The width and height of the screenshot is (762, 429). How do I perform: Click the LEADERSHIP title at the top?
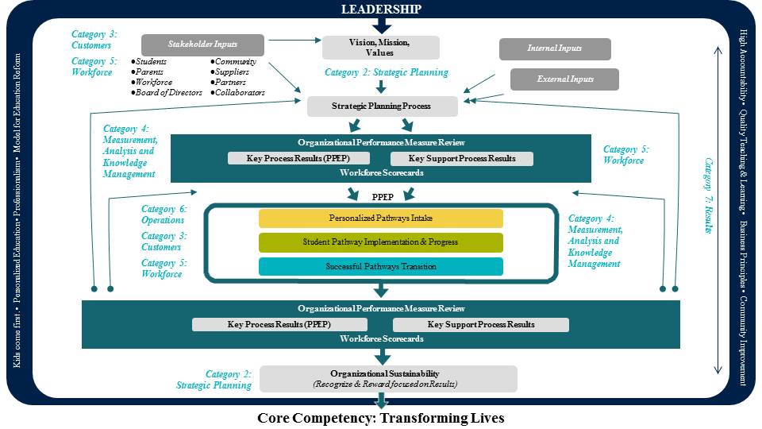(381, 10)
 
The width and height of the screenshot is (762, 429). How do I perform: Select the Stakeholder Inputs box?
(202, 45)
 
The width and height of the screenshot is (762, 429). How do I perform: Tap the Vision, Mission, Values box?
(380, 47)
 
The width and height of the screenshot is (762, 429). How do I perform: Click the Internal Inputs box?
(555, 48)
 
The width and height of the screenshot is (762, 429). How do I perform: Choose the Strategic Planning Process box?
(383, 106)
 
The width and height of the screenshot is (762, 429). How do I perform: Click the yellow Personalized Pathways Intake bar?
(381, 218)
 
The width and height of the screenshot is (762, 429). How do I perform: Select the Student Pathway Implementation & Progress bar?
(381, 242)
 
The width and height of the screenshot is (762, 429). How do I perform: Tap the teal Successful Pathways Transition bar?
(381, 267)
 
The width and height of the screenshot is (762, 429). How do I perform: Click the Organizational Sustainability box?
(388, 378)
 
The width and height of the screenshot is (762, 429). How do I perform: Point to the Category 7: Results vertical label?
(709, 195)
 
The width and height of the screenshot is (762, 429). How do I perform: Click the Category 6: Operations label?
(163, 214)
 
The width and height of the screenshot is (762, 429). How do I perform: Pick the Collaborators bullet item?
(237, 93)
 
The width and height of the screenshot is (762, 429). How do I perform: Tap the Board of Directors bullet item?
(167, 93)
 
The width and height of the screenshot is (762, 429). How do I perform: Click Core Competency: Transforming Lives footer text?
(381, 418)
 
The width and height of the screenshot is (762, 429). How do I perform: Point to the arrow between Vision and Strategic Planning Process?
(381, 86)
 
